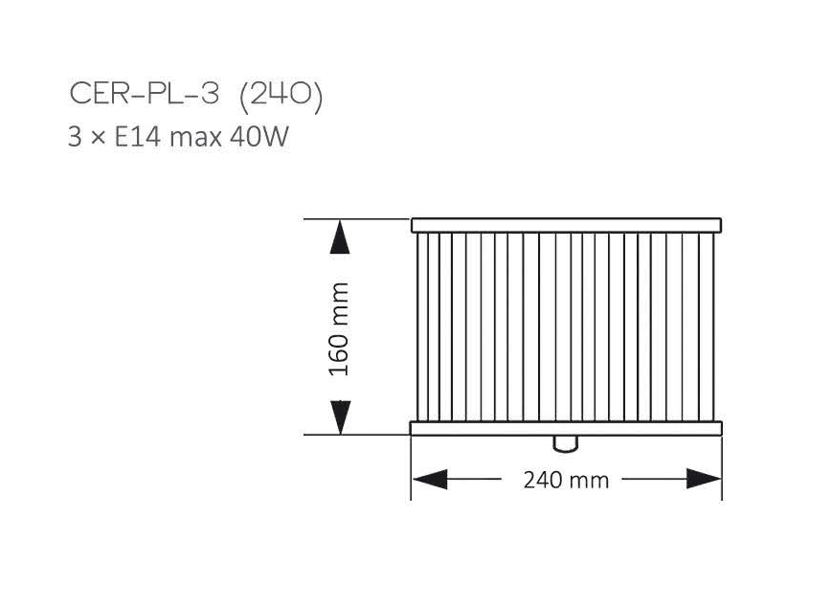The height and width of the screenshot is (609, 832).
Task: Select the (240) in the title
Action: click(x=280, y=95)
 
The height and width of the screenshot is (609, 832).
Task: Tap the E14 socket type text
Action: click(x=139, y=137)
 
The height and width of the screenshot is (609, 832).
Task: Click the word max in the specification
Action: click(x=196, y=138)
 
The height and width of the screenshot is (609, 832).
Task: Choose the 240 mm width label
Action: click(x=566, y=480)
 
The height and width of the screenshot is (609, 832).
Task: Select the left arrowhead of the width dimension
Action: click(x=429, y=479)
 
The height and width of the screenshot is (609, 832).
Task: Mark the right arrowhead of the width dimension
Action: click(x=704, y=479)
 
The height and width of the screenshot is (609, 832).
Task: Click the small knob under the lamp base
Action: click(x=566, y=442)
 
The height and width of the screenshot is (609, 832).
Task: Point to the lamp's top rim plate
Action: click(x=566, y=226)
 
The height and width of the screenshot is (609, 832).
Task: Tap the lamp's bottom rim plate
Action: click(x=566, y=428)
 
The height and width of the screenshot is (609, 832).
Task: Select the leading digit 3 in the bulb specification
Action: click(x=75, y=137)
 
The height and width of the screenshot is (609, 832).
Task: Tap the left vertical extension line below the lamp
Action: click(x=411, y=469)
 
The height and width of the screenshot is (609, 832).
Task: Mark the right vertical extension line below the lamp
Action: click(x=722, y=469)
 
